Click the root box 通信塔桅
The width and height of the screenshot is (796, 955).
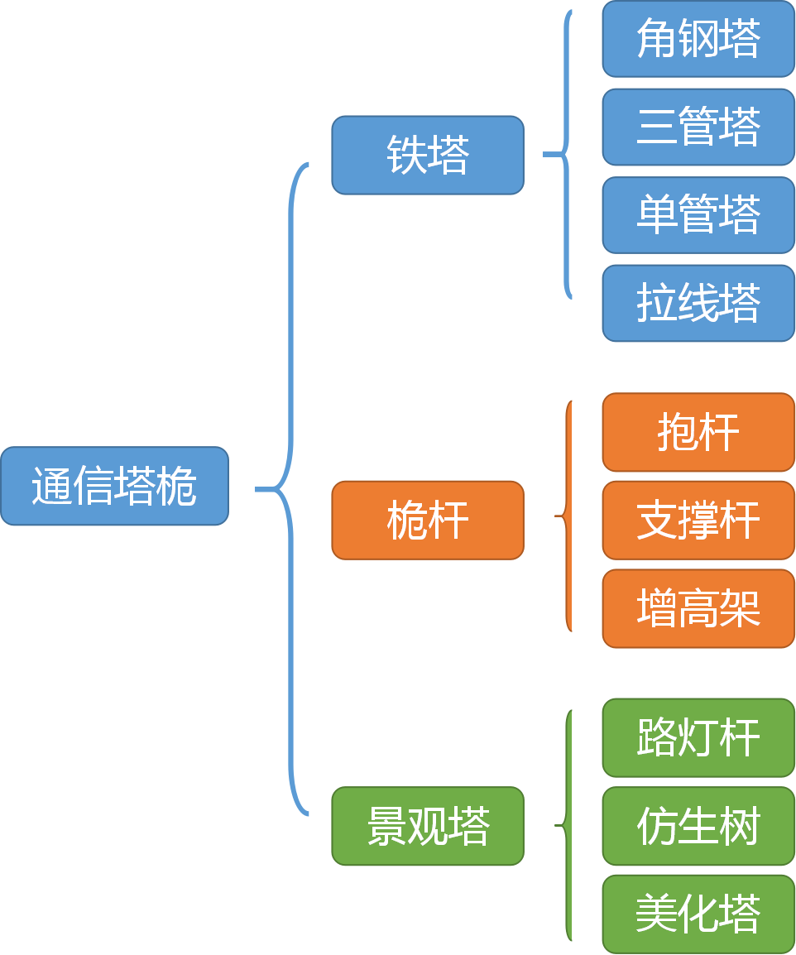pyautogui.click(x=114, y=487)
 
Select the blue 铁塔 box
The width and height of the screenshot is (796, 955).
pyautogui.click(x=428, y=155)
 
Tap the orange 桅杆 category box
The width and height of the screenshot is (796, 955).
pyautogui.click(x=428, y=521)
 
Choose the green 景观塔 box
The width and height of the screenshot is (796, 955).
pyautogui.click(x=428, y=826)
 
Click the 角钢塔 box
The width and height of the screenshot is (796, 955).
pyautogui.click(x=698, y=39)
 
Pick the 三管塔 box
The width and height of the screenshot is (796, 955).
pyautogui.click(x=698, y=127)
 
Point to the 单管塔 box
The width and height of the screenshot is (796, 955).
pyautogui.click(x=698, y=215)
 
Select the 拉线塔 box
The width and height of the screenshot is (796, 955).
pyautogui.click(x=698, y=303)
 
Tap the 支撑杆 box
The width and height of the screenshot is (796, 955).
pyautogui.click(x=698, y=521)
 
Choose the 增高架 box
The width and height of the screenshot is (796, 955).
pyautogui.click(x=698, y=609)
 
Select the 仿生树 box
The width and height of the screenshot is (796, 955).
pyautogui.click(x=698, y=826)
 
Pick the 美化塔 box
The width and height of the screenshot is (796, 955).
pyautogui.click(x=698, y=914)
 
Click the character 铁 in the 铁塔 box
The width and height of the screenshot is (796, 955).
pyautogui.click(x=407, y=155)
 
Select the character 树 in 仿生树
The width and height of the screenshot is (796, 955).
pyautogui.click(x=740, y=826)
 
